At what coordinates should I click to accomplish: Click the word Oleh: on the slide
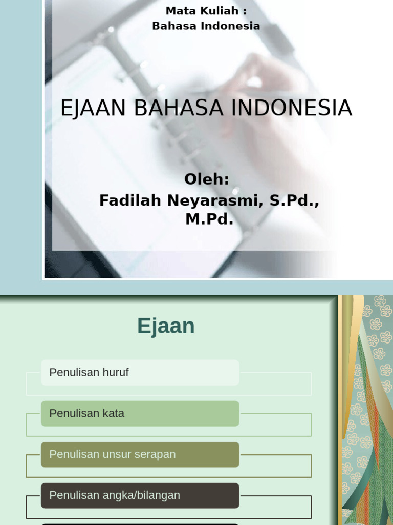(207, 180)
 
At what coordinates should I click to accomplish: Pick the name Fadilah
(130, 200)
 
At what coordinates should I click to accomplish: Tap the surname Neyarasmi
(213, 200)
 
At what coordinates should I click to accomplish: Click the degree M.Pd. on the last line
(209, 220)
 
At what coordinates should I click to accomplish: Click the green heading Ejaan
(166, 326)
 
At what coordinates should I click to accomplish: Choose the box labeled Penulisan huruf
(140, 373)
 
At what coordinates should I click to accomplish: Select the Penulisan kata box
(140, 413)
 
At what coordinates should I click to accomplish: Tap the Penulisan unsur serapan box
(140, 454)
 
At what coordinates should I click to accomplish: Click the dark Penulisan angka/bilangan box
(140, 495)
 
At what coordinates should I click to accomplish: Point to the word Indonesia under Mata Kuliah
(232, 26)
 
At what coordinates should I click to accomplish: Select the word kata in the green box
(113, 413)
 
